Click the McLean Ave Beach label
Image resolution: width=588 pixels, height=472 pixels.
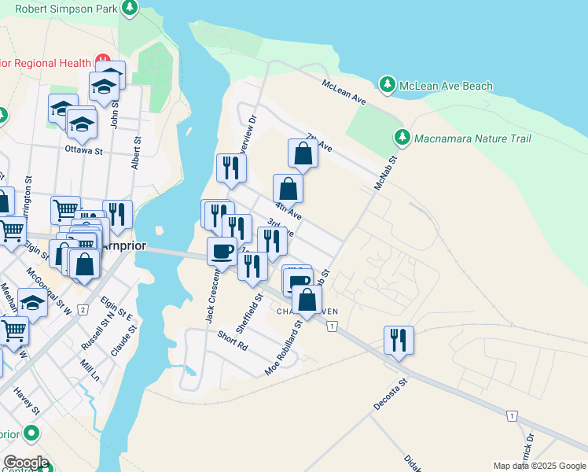(446, 86)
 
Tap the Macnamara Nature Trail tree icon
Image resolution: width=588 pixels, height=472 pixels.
(402, 138)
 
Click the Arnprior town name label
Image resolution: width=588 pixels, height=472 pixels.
(124, 245)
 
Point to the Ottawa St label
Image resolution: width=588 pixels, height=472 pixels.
(84, 149)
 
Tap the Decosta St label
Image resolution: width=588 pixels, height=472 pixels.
(391, 394)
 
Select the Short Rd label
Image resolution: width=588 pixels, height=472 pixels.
(233, 341)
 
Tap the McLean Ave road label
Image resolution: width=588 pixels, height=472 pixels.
(344, 91)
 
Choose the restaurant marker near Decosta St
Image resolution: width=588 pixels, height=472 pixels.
(399, 340)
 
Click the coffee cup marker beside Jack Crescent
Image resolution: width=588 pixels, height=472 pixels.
(222, 251)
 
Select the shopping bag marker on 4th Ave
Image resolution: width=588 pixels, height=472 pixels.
(288, 189)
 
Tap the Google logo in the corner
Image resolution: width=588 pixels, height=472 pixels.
(25, 463)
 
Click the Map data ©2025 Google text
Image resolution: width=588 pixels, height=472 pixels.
(538, 466)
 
